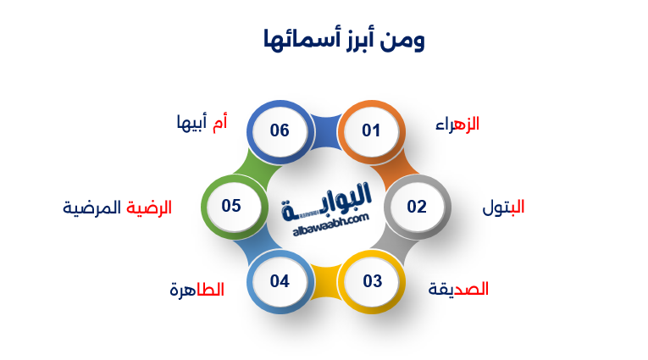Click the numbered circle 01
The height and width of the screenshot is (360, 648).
(x=371, y=131)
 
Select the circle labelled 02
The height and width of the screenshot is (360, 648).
(x=416, y=207)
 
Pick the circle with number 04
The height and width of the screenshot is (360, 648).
(x=280, y=281)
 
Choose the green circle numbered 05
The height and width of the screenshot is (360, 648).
(x=232, y=206)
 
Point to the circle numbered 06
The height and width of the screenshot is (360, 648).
(x=280, y=131)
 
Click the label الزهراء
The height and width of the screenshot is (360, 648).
(x=457, y=125)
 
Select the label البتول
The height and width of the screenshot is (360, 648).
(x=503, y=208)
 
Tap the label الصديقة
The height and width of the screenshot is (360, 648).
(x=458, y=289)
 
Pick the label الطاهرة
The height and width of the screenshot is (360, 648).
(x=197, y=290)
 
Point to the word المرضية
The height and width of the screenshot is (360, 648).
(x=93, y=208)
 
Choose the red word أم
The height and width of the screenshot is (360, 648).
(x=219, y=124)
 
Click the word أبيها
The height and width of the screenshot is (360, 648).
(x=191, y=125)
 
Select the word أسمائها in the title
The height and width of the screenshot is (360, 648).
(x=296, y=39)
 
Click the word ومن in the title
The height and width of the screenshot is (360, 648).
(x=404, y=39)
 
